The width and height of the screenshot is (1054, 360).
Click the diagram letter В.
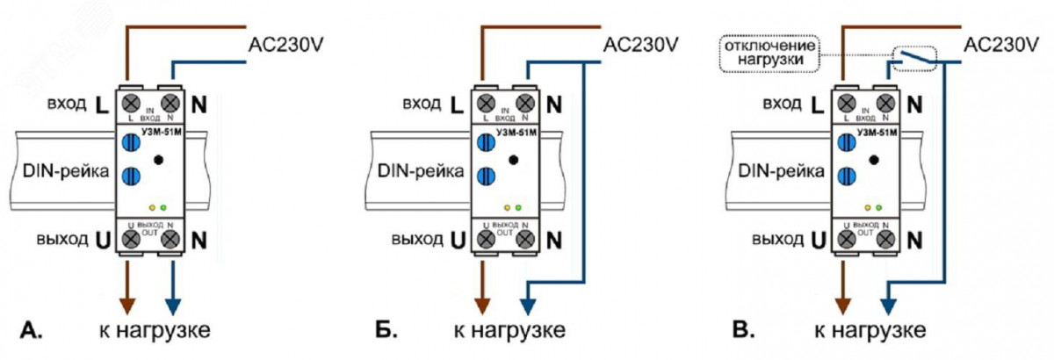pyautogui.click(x=744, y=331)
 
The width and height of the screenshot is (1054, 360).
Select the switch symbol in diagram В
pyautogui.click(x=913, y=57)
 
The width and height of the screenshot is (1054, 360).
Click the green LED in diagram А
pyautogui.click(x=163, y=207)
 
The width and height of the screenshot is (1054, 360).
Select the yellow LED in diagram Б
pyautogui.click(x=507, y=207)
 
